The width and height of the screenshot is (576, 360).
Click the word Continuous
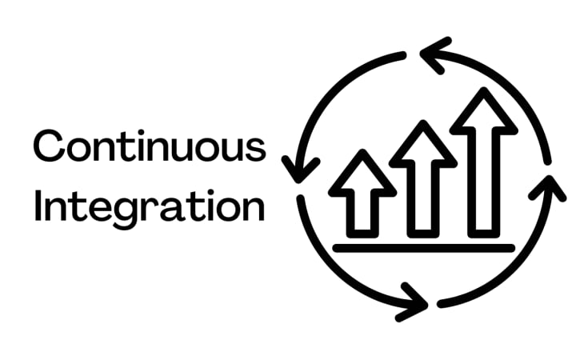pos(149,149)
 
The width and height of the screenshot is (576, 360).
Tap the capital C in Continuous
pos(49,149)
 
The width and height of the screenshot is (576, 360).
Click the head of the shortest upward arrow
pos(362,175)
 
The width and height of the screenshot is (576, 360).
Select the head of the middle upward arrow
pos(422,146)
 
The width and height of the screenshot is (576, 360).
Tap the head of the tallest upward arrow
pos(483,112)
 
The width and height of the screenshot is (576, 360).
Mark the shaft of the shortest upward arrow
pos(362,214)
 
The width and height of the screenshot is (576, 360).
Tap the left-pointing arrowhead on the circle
pos(435,57)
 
